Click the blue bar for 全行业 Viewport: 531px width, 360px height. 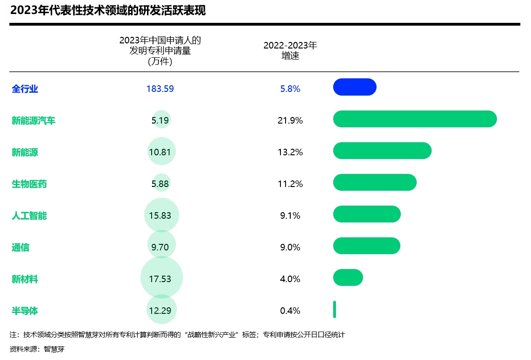point(355,87)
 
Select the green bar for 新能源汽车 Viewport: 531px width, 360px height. point(415,119)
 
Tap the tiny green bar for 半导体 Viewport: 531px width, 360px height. point(335,309)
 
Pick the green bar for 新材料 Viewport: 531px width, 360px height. point(348,277)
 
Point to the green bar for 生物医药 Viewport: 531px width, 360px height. point(375,182)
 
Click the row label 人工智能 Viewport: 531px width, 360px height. point(29,216)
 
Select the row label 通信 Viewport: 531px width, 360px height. point(21,248)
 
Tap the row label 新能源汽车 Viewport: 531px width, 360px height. point(34,121)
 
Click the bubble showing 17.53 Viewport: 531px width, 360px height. point(161,279)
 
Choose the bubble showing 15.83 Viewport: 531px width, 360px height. point(161,215)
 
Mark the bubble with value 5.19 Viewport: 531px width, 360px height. point(161,120)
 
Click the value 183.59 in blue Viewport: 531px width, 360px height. point(160,89)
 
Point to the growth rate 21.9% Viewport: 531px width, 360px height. point(290,120)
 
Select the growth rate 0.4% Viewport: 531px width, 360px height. point(290,311)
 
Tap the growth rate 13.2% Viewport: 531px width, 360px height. point(290,152)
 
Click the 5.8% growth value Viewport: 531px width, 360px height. point(290,89)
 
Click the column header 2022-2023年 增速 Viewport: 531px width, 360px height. point(290,50)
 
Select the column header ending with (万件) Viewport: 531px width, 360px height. point(160,51)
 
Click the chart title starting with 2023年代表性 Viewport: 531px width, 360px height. point(108,11)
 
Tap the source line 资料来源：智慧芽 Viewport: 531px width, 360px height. point(37,349)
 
